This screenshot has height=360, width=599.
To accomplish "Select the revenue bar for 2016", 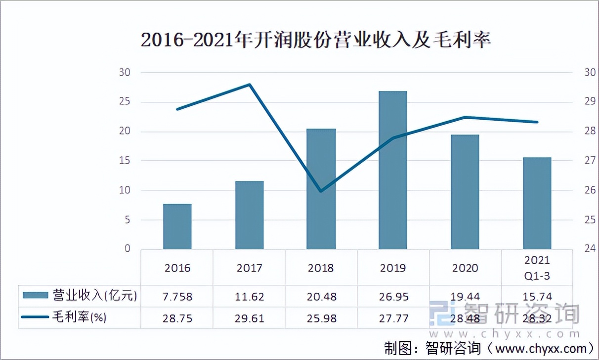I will (177, 226).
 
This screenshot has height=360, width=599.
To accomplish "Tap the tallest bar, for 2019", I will (393, 170).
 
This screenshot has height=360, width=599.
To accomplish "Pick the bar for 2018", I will (321, 189).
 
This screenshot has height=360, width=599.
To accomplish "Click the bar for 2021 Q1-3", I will (537, 203).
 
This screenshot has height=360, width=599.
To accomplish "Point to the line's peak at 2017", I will (250, 84).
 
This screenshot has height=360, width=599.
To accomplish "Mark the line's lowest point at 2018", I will (321, 191).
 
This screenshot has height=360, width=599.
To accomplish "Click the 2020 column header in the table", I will (465, 268).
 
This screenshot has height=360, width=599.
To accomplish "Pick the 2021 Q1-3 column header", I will (537, 268).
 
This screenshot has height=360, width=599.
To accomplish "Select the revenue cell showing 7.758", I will (177, 297).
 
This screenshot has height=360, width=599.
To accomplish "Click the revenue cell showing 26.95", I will (393, 297).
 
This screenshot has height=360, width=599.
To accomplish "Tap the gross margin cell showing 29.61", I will (250, 318).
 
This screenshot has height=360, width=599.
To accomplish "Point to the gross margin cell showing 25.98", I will (321, 318).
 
